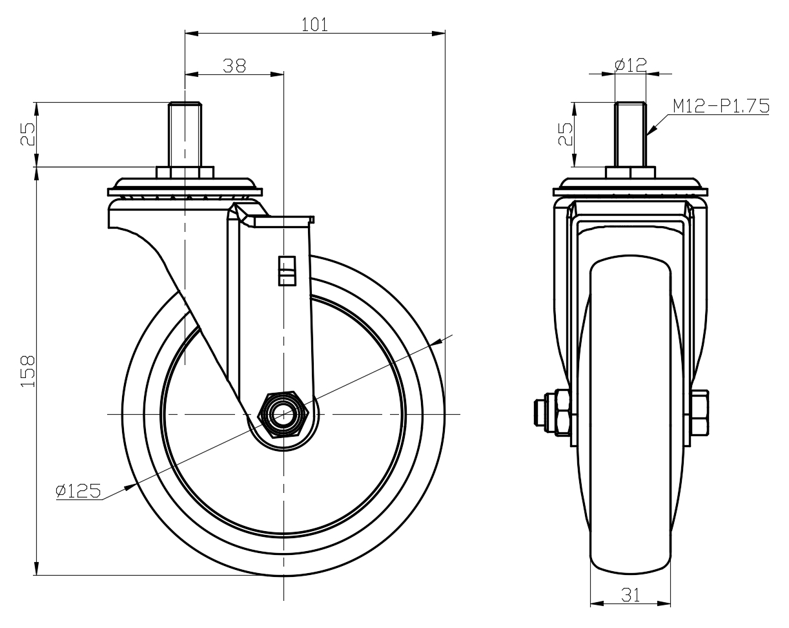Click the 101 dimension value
click(314, 25)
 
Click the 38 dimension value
click(234, 66)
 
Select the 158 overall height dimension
click(27, 371)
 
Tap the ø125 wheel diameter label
click(78, 492)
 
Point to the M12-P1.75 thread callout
click(721, 107)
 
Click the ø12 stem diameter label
click(631, 65)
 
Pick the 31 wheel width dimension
click(630, 595)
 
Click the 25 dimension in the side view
click(26, 134)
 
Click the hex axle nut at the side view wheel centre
click(282, 415)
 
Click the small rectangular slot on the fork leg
click(286, 270)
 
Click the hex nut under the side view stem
click(185, 173)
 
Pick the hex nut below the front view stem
click(630, 173)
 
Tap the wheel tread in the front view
click(630, 413)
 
